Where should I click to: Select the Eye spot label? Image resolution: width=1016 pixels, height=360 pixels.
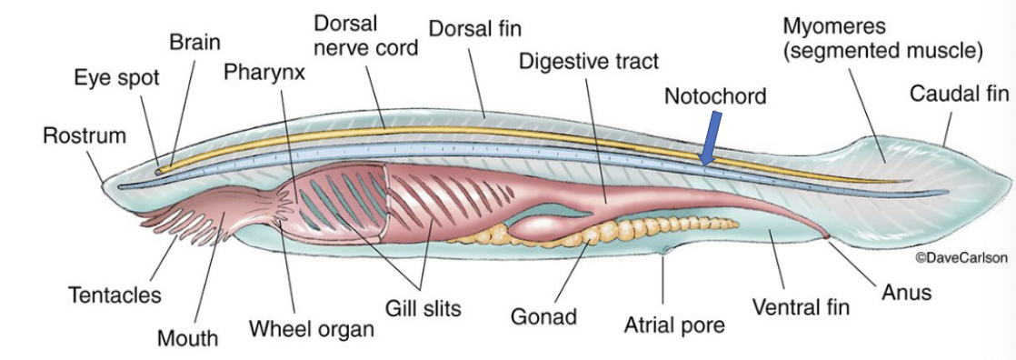116,78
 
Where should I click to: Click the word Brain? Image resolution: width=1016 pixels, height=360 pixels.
194,43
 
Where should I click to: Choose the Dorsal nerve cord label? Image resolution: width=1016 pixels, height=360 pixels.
365,35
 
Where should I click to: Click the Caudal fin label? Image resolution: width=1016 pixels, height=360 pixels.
959,95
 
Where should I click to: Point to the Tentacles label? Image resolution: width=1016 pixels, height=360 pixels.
115,295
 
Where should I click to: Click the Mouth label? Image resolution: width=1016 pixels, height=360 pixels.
187,339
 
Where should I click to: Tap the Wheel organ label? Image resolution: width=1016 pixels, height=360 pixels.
312,328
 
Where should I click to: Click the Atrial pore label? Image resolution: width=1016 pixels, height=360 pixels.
674,325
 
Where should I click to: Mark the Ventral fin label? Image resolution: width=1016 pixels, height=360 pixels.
801,307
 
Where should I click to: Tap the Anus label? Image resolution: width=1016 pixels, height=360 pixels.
906,293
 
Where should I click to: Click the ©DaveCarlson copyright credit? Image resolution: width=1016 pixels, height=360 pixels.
961,258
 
